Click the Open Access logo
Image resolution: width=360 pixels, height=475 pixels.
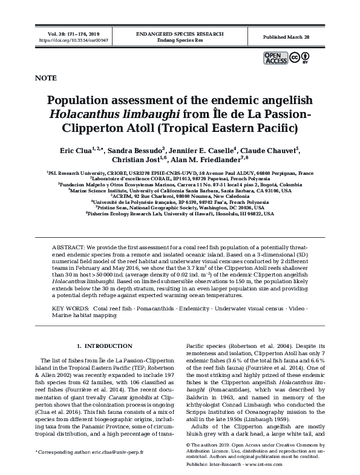(x=275, y=57)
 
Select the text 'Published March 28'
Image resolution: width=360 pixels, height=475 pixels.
(x=286, y=37)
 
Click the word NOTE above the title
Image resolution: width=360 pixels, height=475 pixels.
(x=46, y=78)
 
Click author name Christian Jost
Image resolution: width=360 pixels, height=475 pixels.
(x=136, y=160)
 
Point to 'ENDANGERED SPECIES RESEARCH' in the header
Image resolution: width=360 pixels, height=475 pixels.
(x=180, y=34)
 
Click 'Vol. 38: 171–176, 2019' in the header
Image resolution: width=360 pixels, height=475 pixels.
(x=67, y=34)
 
